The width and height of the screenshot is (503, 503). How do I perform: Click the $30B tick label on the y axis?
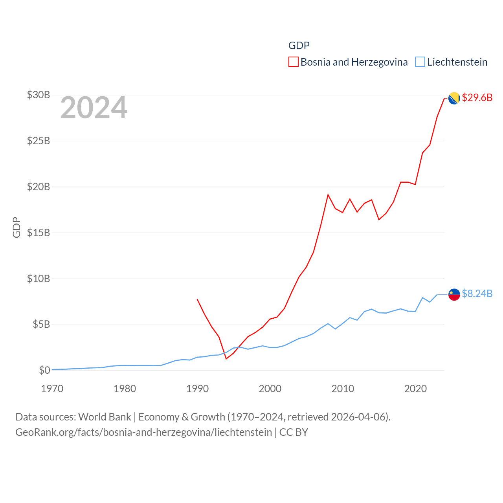click(38, 95)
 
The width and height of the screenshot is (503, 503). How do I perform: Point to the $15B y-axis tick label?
click(38, 233)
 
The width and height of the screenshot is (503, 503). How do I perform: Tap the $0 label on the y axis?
click(44, 370)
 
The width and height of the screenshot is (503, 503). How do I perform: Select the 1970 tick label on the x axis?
click(52, 389)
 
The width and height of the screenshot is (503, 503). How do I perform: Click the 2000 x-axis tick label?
click(270, 389)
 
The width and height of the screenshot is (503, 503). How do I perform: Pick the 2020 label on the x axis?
click(415, 389)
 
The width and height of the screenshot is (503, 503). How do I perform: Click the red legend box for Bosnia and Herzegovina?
click(294, 62)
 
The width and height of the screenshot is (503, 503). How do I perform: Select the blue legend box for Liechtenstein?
click(420, 62)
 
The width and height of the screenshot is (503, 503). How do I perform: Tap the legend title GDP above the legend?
click(299, 46)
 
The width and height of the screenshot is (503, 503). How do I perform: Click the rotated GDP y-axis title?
click(17, 227)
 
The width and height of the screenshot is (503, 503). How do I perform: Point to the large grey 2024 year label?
click(94, 108)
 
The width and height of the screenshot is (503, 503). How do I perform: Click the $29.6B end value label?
click(477, 97)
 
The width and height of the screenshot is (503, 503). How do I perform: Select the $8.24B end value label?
click(477, 294)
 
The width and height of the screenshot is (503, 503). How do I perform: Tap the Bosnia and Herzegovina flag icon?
click(454, 98)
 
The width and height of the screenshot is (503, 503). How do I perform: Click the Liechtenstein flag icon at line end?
click(454, 294)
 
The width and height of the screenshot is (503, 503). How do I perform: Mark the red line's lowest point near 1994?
click(226, 358)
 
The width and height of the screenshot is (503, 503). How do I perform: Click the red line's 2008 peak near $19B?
click(328, 195)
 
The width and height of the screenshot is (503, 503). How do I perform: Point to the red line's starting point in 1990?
click(197, 299)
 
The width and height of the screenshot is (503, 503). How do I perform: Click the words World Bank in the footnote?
click(105, 417)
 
